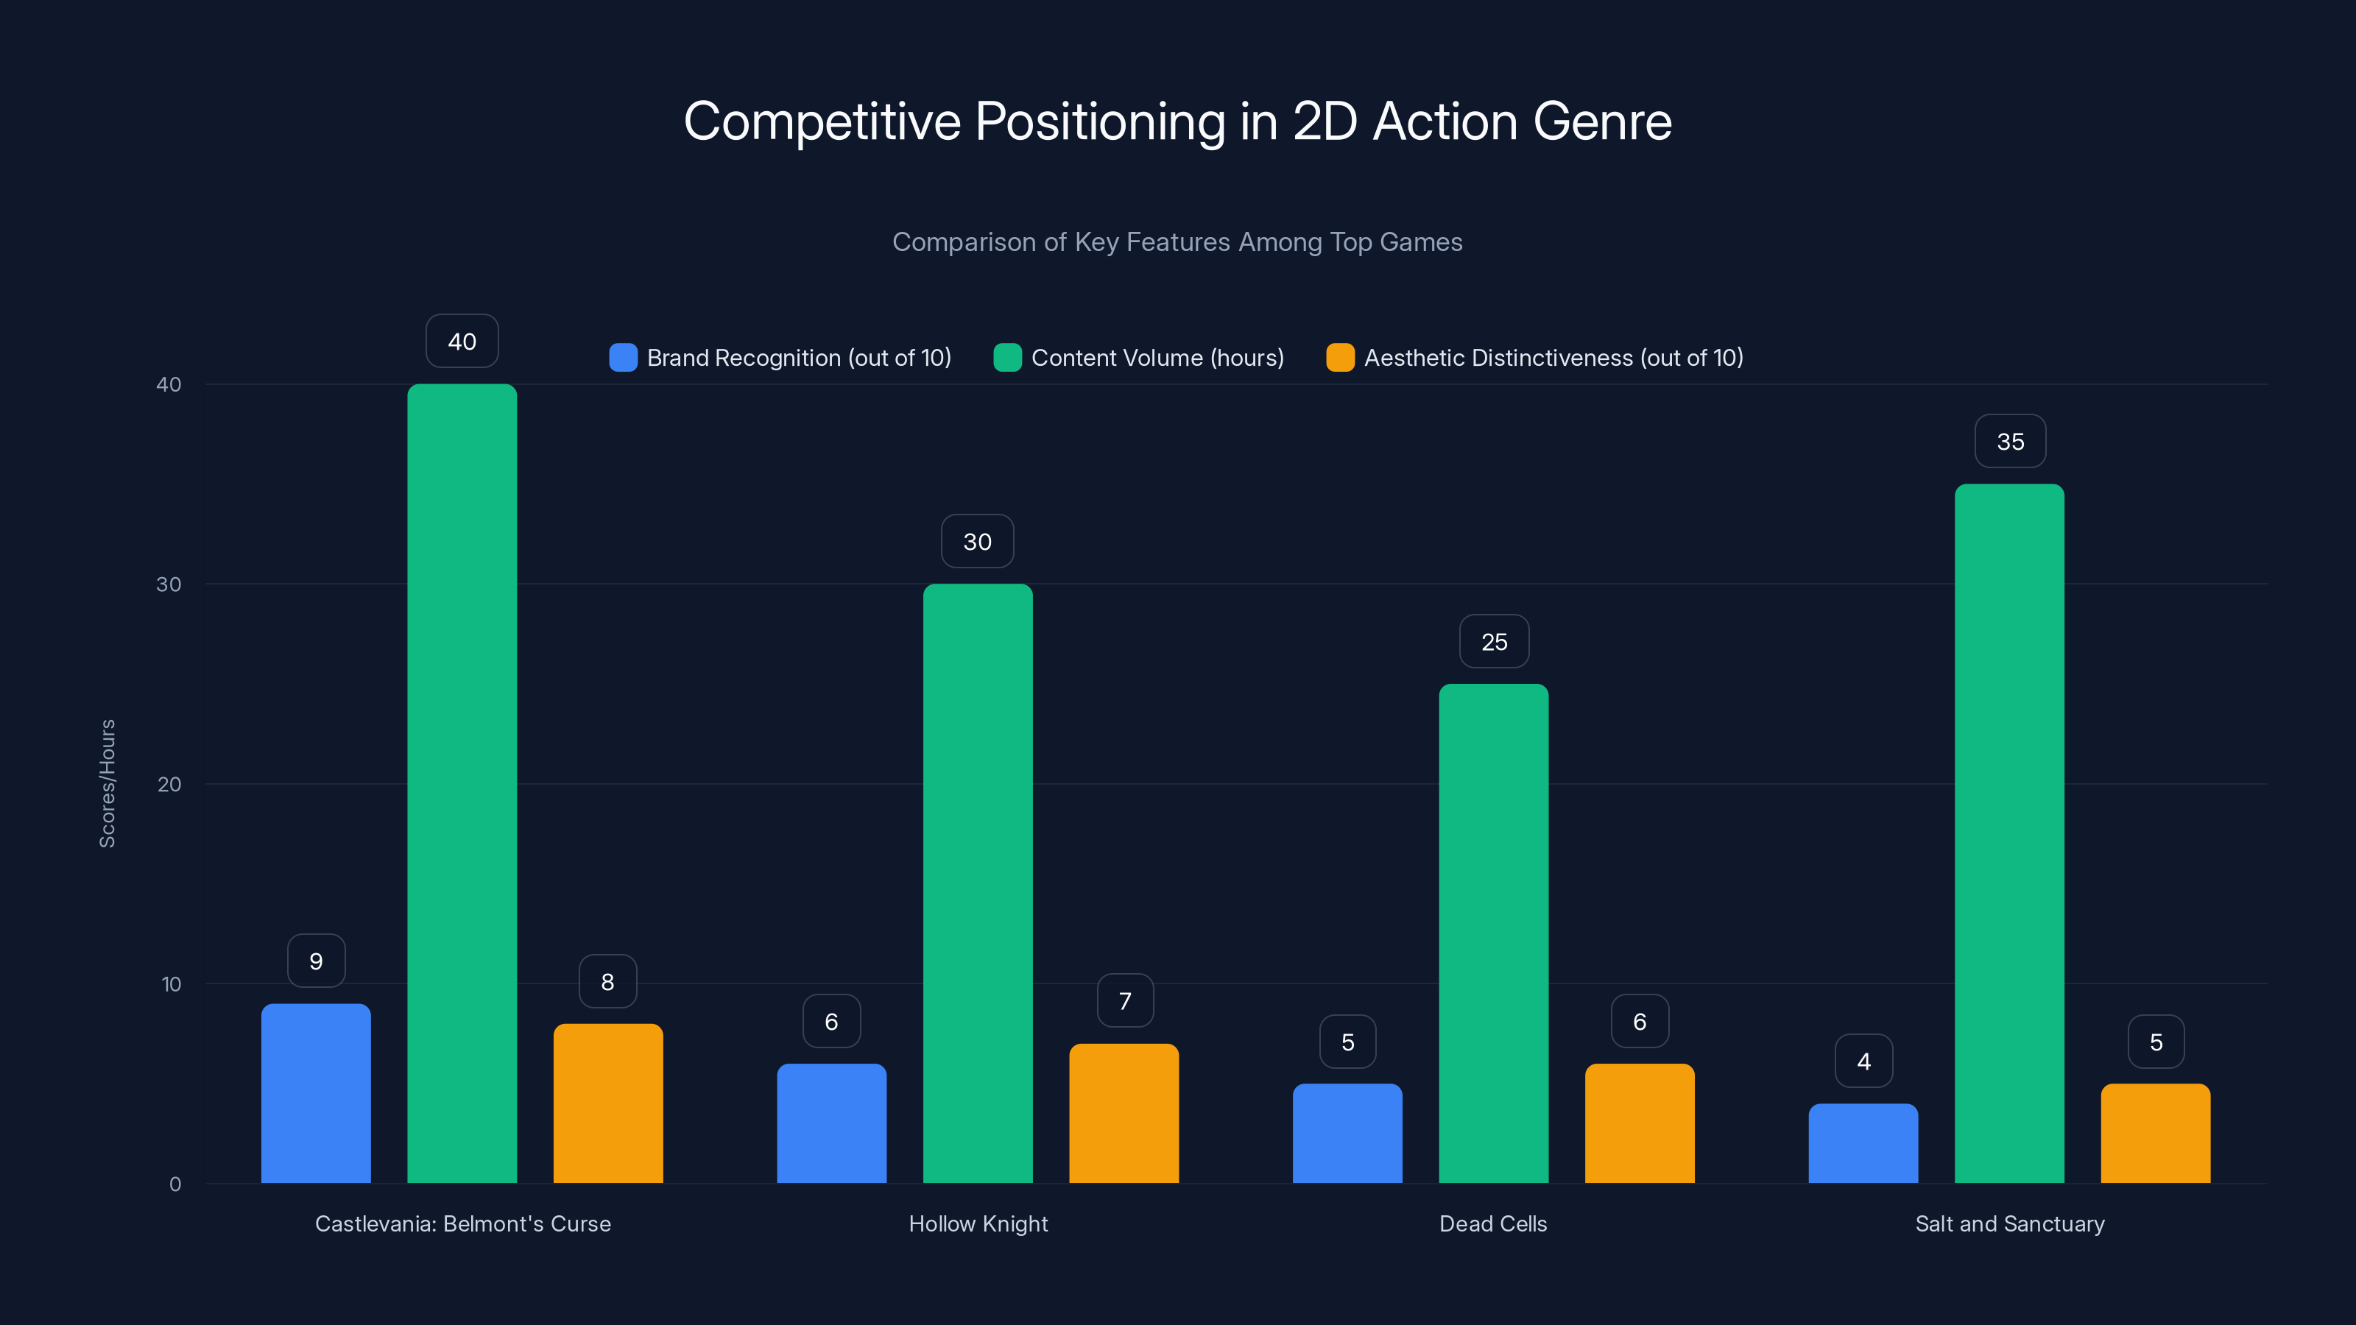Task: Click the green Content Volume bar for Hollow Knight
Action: point(978,883)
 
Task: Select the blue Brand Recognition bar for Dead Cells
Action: point(1347,1133)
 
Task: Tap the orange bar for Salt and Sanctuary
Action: point(2155,1133)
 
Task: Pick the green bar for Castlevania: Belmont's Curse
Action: point(462,782)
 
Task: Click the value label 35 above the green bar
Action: point(2009,442)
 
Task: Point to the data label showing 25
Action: point(1494,642)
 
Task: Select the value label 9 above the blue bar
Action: point(316,961)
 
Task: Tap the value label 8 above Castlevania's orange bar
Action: point(607,982)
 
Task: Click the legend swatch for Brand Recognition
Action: point(623,358)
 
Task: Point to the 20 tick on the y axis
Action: point(169,785)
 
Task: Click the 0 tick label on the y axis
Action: point(174,1184)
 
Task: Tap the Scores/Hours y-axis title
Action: point(107,784)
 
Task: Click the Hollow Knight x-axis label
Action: point(978,1223)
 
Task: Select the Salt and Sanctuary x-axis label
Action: point(2009,1223)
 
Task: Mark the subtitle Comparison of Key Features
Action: point(1177,242)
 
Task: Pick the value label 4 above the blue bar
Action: point(1863,1061)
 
